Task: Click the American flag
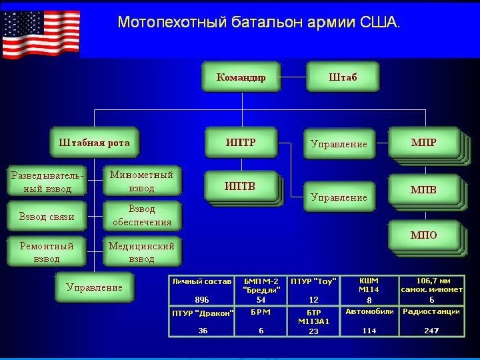point(41,34)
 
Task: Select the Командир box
point(241,77)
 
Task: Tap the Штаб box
point(343,77)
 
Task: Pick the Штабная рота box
point(95,143)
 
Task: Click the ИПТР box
point(241,143)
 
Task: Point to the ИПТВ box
point(241,186)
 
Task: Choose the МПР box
point(423,143)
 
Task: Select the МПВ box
point(423,190)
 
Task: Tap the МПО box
point(423,235)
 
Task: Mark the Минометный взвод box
point(142,181)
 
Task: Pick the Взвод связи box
point(47,217)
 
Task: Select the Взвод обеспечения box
point(142,216)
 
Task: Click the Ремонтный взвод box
point(47,252)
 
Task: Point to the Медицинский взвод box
point(142,252)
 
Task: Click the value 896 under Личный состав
point(201,300)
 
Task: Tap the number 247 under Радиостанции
point(431,331)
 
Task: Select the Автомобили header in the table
point(369,311)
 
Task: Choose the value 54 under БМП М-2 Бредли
point(261,300)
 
